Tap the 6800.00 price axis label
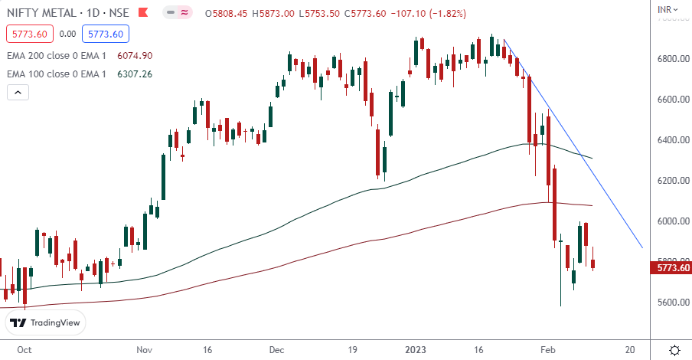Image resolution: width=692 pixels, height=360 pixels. [x=671, y=59]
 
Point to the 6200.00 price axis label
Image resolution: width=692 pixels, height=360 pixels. [x=671, y=181]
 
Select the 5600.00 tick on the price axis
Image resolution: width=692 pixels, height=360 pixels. [x=671, y=303]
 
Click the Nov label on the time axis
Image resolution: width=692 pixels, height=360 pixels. [x=146, y=349]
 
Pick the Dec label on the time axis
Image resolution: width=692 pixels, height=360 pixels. [x=277, y=349]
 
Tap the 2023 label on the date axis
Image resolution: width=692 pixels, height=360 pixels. [x=417, y=349]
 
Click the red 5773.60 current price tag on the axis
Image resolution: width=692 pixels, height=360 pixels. [x=671, y=267]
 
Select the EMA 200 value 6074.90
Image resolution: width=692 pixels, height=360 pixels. [x=135, y=56]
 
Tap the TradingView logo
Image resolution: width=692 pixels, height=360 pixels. [x=45, y=322]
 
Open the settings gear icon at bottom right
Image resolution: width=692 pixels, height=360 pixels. [x=674, y=349]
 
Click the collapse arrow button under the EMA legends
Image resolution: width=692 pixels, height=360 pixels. [x=18, y=93]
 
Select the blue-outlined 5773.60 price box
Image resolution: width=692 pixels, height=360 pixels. [x=108, y=34]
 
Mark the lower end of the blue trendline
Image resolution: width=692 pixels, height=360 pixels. [x=642, y=248]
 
